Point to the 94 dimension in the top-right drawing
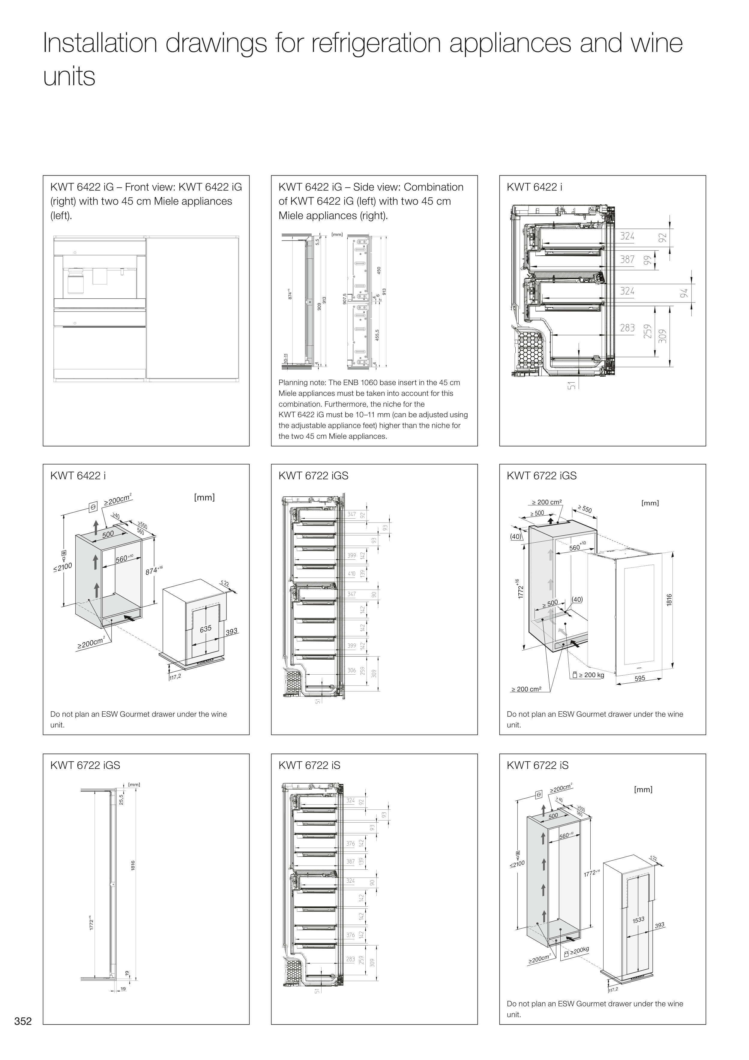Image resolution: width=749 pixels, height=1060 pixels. [x=684, y=293]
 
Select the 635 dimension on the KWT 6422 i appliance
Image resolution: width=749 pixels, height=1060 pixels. [x=205, y=628]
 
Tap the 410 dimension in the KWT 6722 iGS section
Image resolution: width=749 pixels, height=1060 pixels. [x=352, y=574]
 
